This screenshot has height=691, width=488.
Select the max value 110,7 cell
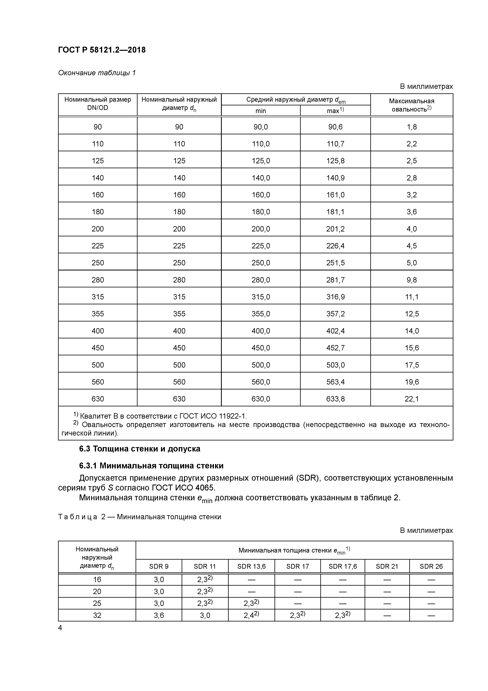click(335, 144)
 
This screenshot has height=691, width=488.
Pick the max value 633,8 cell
click(335, 399)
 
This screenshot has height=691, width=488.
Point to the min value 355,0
click(261, 314)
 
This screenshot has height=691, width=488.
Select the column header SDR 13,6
click(251, 566)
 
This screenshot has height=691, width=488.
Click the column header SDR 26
click(431, 566)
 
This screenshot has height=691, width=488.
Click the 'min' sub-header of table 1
click(261, 111)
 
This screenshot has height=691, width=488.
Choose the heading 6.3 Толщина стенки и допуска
click(140, 449)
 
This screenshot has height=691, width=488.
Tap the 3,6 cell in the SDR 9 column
click(159, 616)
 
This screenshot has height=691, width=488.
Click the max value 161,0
click(335, 195)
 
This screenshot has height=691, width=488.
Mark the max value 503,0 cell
click(335, 365)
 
